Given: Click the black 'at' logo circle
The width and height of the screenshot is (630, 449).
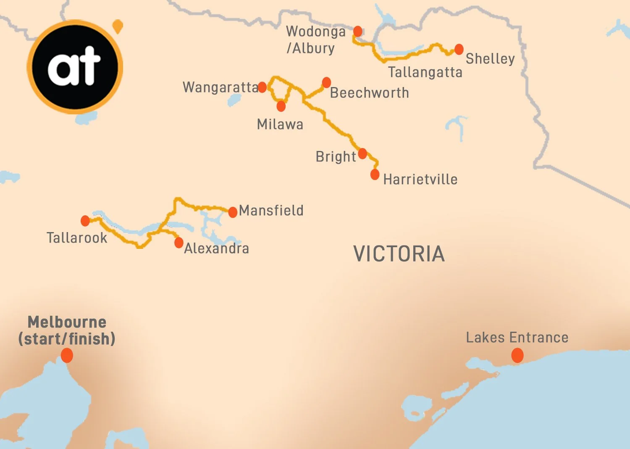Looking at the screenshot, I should click(75, 67).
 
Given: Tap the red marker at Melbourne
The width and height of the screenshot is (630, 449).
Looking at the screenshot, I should click(67, 356).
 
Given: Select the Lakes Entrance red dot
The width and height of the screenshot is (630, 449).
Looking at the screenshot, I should click(517, 356).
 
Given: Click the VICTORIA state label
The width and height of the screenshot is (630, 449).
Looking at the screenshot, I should click(399, 254).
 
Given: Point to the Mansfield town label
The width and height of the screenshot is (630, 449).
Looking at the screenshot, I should click(271, 210).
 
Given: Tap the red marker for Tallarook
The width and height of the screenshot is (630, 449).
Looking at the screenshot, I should click(85, 221).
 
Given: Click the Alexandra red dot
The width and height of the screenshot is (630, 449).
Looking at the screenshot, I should click(179, 243).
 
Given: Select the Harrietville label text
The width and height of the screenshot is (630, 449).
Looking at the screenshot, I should click(420, 180).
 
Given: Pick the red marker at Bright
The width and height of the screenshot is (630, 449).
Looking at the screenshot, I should click(362, 153).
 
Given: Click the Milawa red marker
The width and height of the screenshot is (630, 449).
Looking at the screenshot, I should click(281, 106).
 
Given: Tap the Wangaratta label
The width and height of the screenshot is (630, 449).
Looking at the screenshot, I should click(220, 87).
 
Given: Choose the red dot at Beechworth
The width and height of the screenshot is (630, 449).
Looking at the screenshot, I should click(326, 82).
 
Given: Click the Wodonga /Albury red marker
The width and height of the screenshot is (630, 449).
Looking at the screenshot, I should click(358, 31).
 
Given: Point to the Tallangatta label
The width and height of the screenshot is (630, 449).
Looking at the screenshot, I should click(425, 72).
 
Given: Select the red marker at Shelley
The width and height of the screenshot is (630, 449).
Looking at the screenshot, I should click(459, 49).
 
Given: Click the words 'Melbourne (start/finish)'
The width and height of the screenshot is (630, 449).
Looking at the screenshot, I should click(67, 330).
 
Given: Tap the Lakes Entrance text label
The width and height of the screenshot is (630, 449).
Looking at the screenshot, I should click(517, 338).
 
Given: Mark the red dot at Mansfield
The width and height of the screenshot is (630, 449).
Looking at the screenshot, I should click(233, 212).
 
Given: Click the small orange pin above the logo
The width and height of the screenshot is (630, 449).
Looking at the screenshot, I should click(118, 26).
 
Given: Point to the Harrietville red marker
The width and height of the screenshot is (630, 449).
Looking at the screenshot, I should click(375, 174).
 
